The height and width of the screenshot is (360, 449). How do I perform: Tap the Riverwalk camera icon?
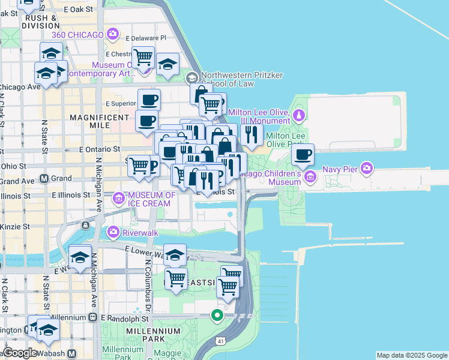point(112,232)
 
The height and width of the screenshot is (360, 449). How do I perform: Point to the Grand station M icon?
point(44,178)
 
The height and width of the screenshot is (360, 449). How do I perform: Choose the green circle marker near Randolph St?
point(217,314)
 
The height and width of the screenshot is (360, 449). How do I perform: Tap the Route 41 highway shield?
point(221,341)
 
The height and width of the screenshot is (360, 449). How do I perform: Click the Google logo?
point(20,353)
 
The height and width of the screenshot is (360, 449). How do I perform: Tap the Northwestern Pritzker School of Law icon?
point(191,77)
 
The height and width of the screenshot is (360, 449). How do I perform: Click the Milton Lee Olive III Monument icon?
point(298,115)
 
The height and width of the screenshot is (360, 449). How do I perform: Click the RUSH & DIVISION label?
point(41,22)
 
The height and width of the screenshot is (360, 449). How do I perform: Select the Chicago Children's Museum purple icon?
point(310,176)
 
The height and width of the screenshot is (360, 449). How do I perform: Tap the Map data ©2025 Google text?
point(412,355)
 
